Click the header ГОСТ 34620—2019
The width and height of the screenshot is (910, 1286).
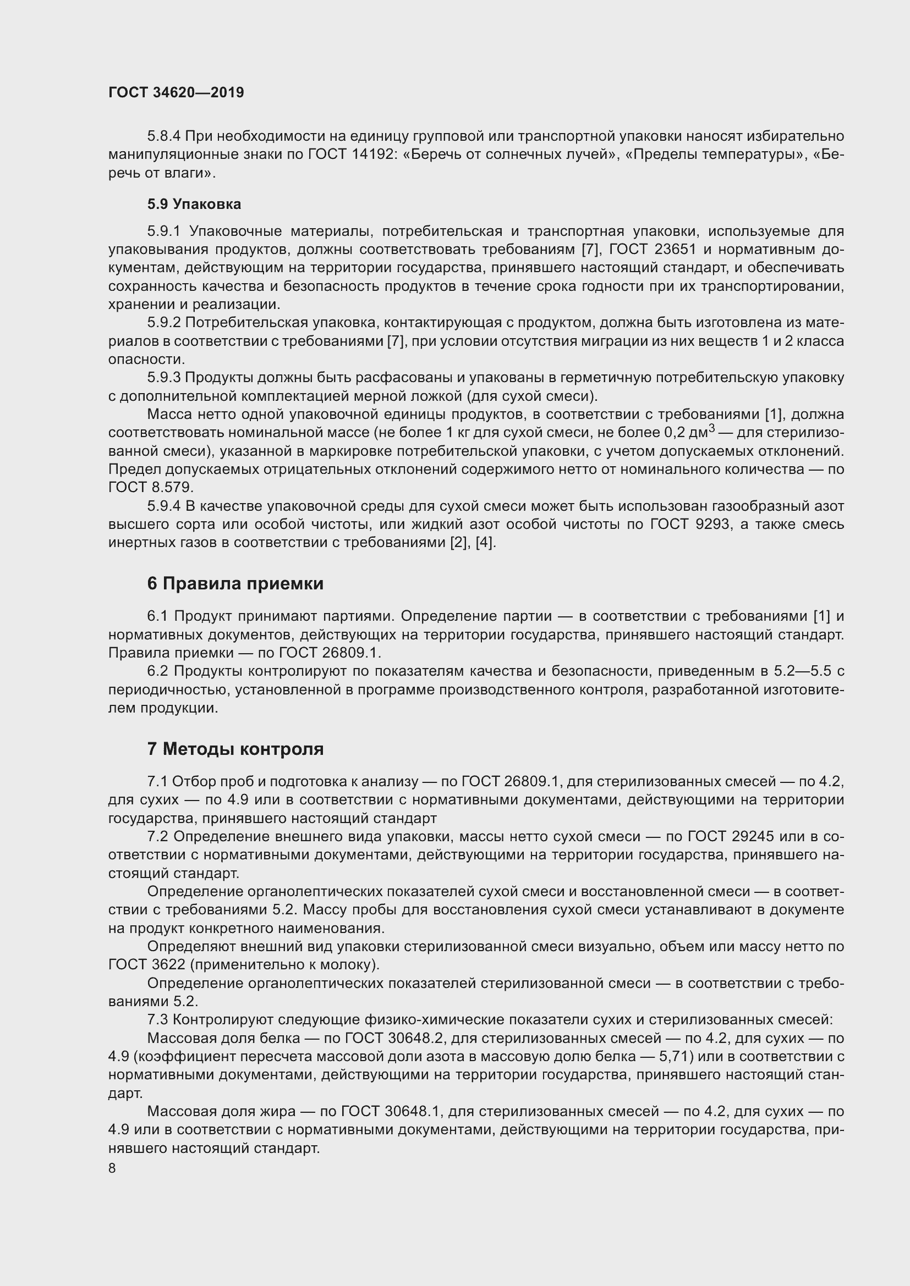point(176,93)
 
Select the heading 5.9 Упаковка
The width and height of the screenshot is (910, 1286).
point(194,205)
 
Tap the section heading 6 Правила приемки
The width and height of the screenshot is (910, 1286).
point(235,584)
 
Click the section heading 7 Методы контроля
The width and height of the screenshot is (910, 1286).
point(235,749)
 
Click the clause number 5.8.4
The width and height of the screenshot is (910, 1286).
point(163,136)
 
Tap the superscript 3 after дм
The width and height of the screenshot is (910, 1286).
point(711,428)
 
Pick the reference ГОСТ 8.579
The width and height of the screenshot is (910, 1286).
point(150,487)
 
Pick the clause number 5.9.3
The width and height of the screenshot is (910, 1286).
point(163,378)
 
